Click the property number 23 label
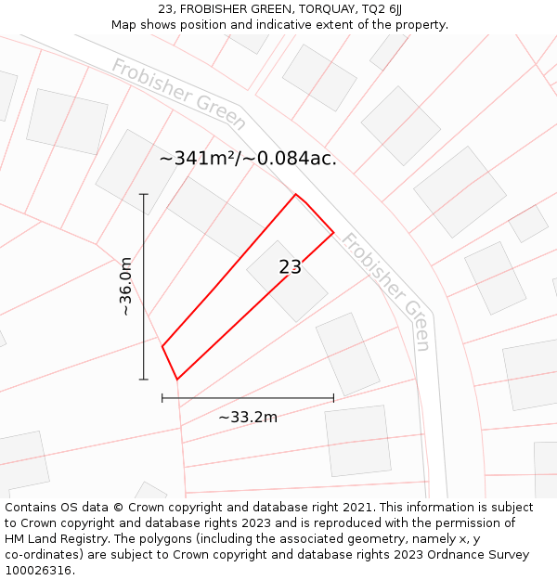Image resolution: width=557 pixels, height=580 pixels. click(290, 267)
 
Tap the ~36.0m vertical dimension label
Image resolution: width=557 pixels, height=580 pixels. click(126, 288)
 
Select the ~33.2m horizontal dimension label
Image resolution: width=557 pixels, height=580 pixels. click(248, 418)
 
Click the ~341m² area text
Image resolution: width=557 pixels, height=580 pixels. click(199, 159)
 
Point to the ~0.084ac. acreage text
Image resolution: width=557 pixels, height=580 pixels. click(291, 159)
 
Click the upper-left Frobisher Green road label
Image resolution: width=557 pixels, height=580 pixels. click(179, 94)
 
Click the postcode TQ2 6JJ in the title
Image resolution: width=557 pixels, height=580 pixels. click(382, 9)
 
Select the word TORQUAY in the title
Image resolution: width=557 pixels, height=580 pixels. click(318, 9)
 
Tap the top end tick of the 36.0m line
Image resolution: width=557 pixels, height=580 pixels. click(144, 194)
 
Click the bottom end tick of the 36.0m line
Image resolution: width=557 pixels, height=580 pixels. click(144, 379)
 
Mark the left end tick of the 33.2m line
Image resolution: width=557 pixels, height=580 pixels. click(162, 398)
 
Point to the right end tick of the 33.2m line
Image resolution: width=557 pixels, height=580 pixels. click(333, 398)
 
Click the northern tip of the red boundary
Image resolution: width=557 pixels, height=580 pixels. click(296, 194)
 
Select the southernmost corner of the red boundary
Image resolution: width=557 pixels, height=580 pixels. click(176, 379)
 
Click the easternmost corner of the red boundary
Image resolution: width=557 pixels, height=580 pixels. click(333, 232)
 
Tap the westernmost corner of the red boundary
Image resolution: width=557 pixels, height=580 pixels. click(162, 346)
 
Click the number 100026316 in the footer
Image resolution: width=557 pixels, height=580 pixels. click(38, 571)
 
